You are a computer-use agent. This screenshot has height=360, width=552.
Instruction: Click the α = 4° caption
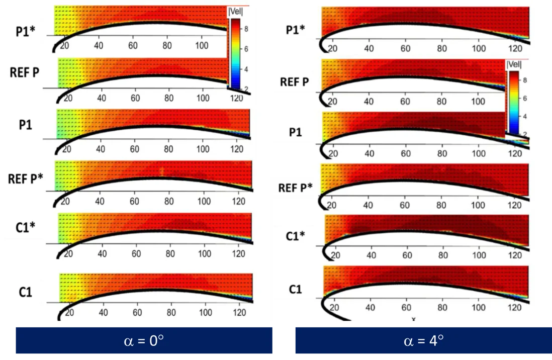pyautogui.click(x=424, y=340)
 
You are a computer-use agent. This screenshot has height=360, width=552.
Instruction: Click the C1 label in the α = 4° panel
pyautogui.click(x=296, y=290)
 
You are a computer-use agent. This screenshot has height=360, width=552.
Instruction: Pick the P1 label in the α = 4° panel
pyautogui.click(x=296, y=132)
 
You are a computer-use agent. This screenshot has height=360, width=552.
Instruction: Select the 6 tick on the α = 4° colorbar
pyautogui.click(x=524, y=99)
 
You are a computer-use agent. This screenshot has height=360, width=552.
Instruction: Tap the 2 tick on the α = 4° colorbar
pyautogui.click(x=524, y=134)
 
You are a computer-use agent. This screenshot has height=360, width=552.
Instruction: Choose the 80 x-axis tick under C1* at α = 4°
pyautogui.click(x=443, y=255)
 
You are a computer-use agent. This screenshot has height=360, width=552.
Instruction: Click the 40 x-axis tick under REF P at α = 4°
pyautogui.click(x=369, y=102)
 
